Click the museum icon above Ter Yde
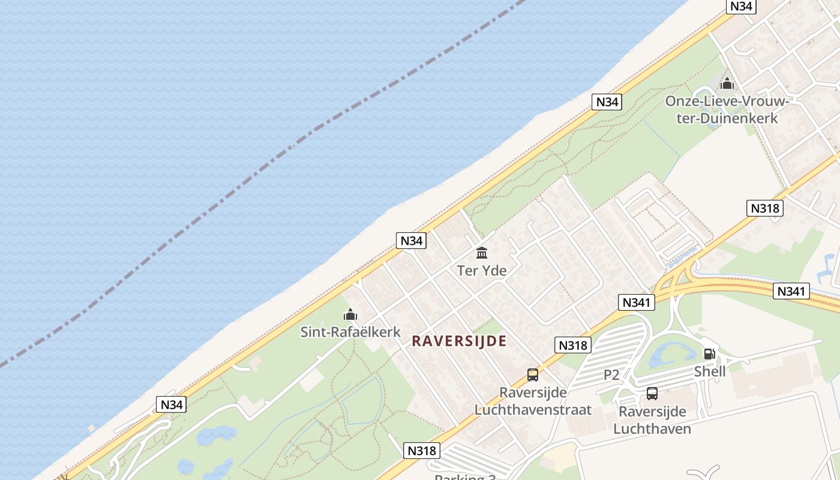482,253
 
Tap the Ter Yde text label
482,271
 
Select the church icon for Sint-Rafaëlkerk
350,314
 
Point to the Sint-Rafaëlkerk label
350,332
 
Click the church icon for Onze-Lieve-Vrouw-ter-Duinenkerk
727,83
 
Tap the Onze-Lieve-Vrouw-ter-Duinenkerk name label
727,109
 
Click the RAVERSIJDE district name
460,341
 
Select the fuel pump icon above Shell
709,354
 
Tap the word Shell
710,371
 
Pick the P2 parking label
611,375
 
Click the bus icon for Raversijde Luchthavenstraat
533,375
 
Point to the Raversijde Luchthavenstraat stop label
533,401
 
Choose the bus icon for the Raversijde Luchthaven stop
652,394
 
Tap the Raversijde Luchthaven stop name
652,420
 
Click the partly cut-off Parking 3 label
465,477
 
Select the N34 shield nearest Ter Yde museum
412,241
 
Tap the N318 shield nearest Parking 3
423,451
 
